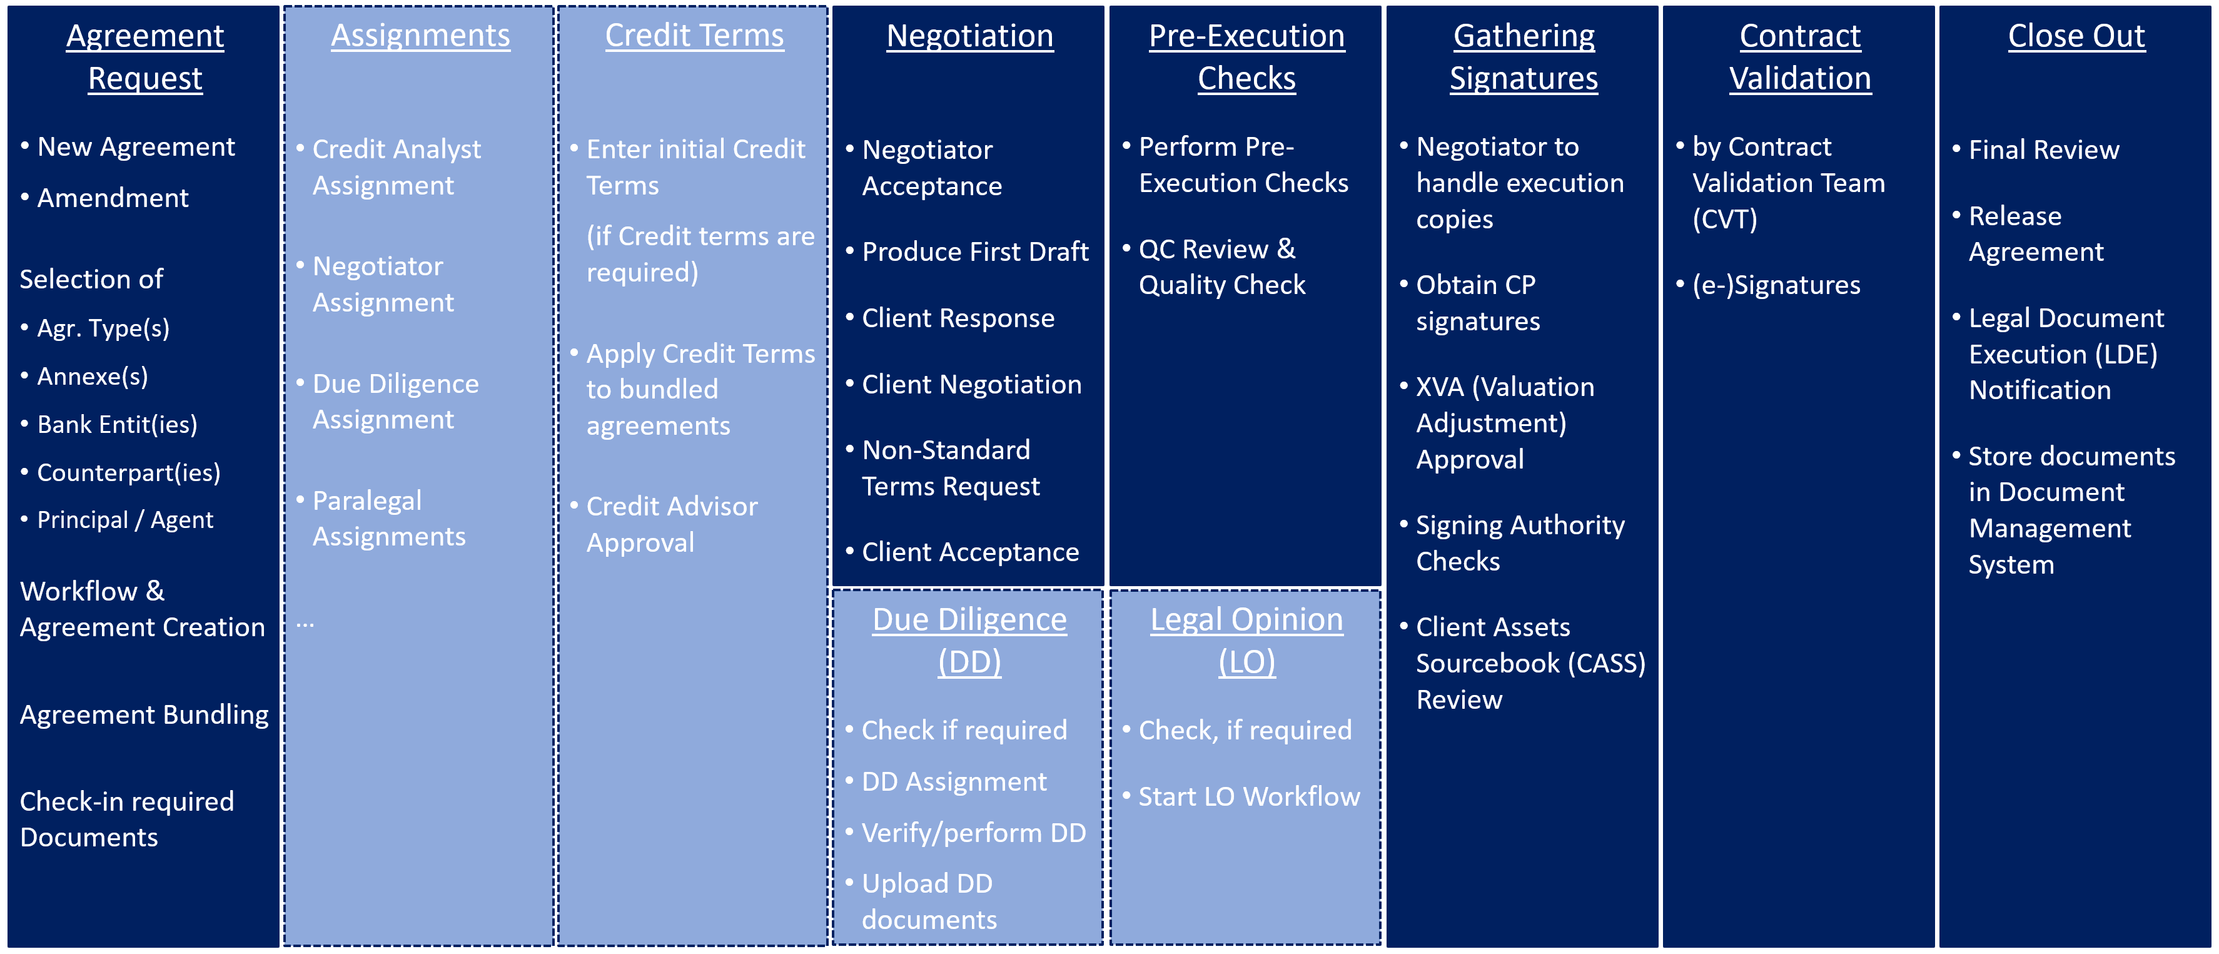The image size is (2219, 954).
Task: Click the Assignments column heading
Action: pos(420,35)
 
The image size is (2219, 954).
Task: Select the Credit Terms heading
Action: pos(694,35)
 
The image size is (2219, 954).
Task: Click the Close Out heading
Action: pos(2076,35)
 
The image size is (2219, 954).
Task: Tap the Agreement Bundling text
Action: pos(144,714)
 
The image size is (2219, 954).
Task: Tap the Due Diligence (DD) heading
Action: pos(970,641)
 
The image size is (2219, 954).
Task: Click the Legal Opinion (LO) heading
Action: pos(1246,641)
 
